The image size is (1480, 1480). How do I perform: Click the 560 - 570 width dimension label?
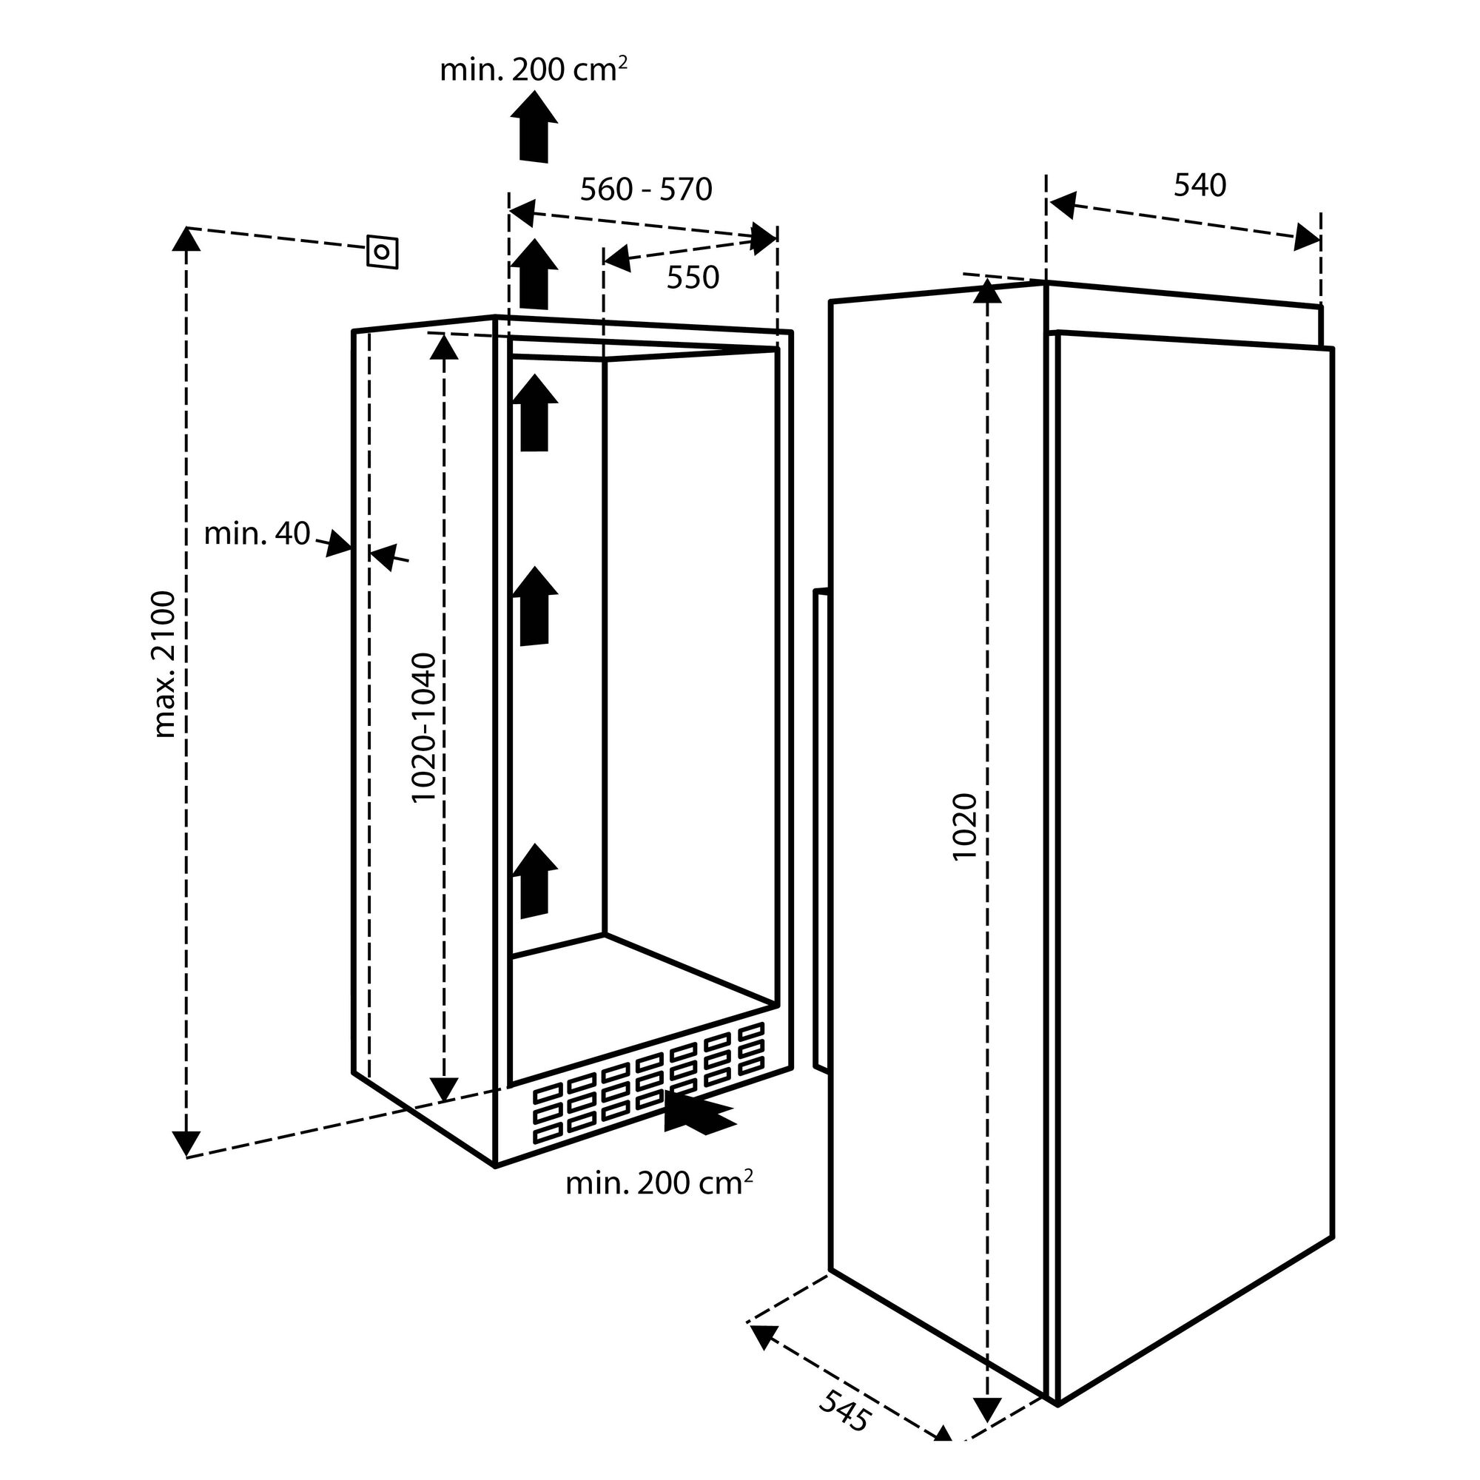tap(646, 189)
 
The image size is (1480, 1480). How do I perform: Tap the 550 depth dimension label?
tap(693, 277)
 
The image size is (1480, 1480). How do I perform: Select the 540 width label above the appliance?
tap(1200, 186)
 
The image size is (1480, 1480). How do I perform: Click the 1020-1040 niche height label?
tap(423, 727)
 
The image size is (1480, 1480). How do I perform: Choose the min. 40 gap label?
tap(257, 534)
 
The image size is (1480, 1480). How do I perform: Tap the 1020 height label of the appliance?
tap(964, 827)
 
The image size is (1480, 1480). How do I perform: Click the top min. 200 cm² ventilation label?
tap(534, 70)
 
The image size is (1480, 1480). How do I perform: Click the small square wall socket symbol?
tap(383, 252)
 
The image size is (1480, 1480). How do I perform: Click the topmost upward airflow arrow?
tap(535, 126)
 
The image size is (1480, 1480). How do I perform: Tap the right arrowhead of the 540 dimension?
tap(1307, 238)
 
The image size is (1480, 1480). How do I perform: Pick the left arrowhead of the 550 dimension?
tap(616, 260)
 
